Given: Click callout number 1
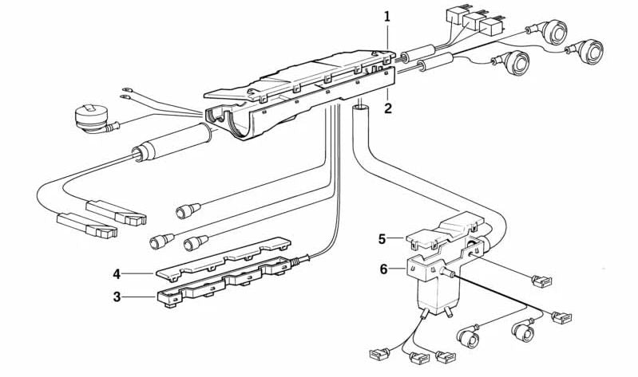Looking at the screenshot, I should [x=387, y=16].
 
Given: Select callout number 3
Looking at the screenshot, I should [x=117, y=297].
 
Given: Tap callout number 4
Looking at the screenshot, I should [x=117, y=273].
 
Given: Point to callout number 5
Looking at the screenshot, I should [x=382, y=238].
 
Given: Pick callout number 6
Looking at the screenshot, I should [x=383, y=269].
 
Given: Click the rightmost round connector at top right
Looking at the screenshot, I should [x=592, y=49].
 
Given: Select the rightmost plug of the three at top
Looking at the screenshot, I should [x=492, y=22].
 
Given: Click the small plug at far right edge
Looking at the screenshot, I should [x=561, y=317].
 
